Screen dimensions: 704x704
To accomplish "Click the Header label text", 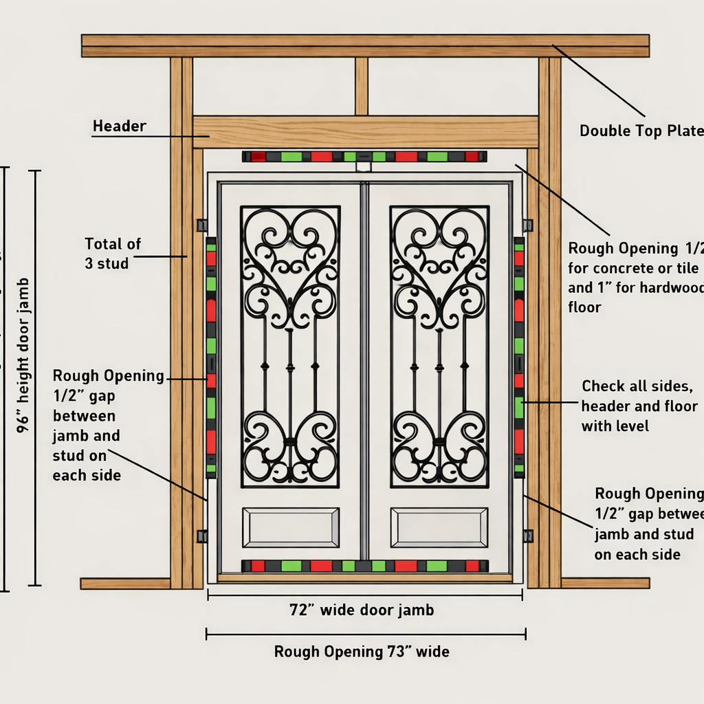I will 119,126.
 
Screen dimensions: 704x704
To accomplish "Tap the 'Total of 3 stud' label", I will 113,253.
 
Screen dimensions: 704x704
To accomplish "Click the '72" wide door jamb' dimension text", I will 362,609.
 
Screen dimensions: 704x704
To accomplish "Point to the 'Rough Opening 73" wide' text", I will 362,651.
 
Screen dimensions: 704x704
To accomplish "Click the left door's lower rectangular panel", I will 290,527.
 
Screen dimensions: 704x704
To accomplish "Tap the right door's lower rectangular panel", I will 439,527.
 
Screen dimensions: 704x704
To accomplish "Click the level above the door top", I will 364,157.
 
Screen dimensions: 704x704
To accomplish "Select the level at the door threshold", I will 364,566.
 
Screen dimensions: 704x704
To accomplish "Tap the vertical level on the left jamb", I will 211,357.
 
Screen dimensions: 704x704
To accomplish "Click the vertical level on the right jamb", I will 519,357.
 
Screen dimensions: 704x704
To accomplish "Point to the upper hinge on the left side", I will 201,225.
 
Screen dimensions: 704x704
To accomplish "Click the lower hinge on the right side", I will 527,536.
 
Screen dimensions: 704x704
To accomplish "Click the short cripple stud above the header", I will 362,86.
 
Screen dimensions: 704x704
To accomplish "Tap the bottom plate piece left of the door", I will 125,583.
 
